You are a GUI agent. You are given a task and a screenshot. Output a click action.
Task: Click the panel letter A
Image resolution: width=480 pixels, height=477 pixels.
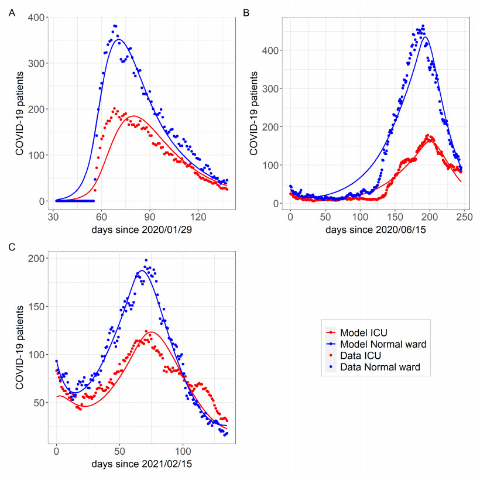(12, 13)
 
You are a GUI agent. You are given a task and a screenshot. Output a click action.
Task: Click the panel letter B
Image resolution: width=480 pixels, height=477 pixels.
(246, 13)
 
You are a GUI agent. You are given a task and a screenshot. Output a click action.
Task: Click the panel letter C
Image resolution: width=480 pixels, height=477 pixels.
(12, 247)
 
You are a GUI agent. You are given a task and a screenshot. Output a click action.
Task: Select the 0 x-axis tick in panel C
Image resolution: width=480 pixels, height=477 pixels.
(56, 451)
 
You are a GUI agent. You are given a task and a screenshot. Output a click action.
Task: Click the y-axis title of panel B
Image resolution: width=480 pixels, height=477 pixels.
(254, 111)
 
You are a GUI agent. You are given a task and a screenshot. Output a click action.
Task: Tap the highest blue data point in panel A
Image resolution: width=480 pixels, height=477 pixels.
(115, 26)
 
